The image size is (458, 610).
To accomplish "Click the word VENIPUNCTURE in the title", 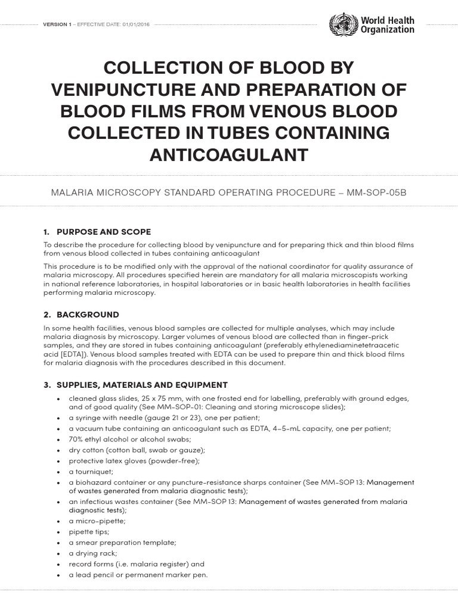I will [x=120, y=89].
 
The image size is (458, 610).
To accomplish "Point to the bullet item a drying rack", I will [x=91, y=553].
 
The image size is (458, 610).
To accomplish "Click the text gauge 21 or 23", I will [x=160, y=418].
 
